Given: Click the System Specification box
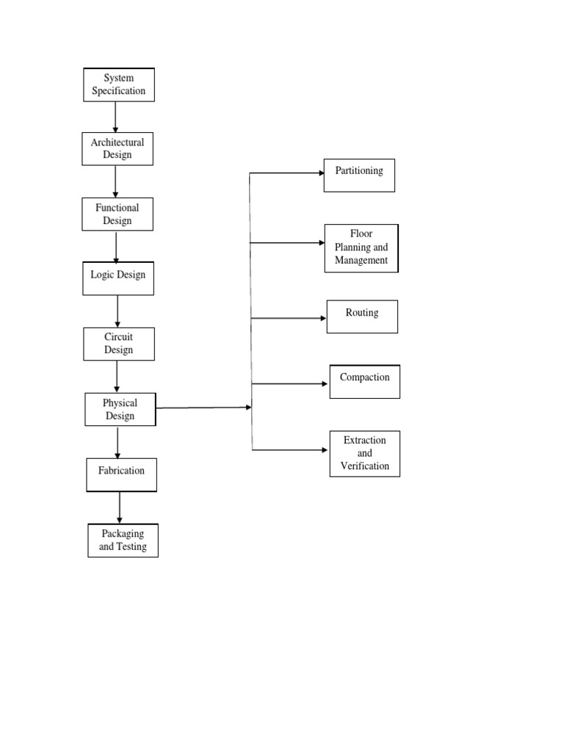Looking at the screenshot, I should tap(119, 84).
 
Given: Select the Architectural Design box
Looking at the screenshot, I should tap(117, 148).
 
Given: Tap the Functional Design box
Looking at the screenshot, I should tap(117, 214).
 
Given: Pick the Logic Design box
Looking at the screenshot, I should tap(118, 278).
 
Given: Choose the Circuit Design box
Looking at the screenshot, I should tap(118, 343).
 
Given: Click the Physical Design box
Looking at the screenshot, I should tap(120, 409).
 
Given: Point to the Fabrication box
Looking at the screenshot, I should tap(121, 474).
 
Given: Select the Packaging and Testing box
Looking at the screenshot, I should tap(123, 540).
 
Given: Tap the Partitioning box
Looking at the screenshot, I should tap(359, 176).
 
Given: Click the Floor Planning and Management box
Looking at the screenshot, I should tap(361, 248).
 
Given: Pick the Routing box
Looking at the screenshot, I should tap(362, 317).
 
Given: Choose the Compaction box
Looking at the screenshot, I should tap(365, 382).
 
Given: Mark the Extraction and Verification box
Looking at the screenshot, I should tap(365, 453).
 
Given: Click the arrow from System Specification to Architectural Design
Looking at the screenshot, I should tap(116, 117).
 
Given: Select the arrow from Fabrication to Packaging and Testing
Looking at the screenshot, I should tap(120, 507).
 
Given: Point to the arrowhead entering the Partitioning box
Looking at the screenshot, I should tap(320, 173).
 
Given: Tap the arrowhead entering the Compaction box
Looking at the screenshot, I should tap(325, 383).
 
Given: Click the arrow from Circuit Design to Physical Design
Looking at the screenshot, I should tap(117, 377).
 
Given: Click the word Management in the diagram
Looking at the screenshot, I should tap(361, 260).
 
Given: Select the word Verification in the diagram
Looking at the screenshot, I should tap(365, 466).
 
